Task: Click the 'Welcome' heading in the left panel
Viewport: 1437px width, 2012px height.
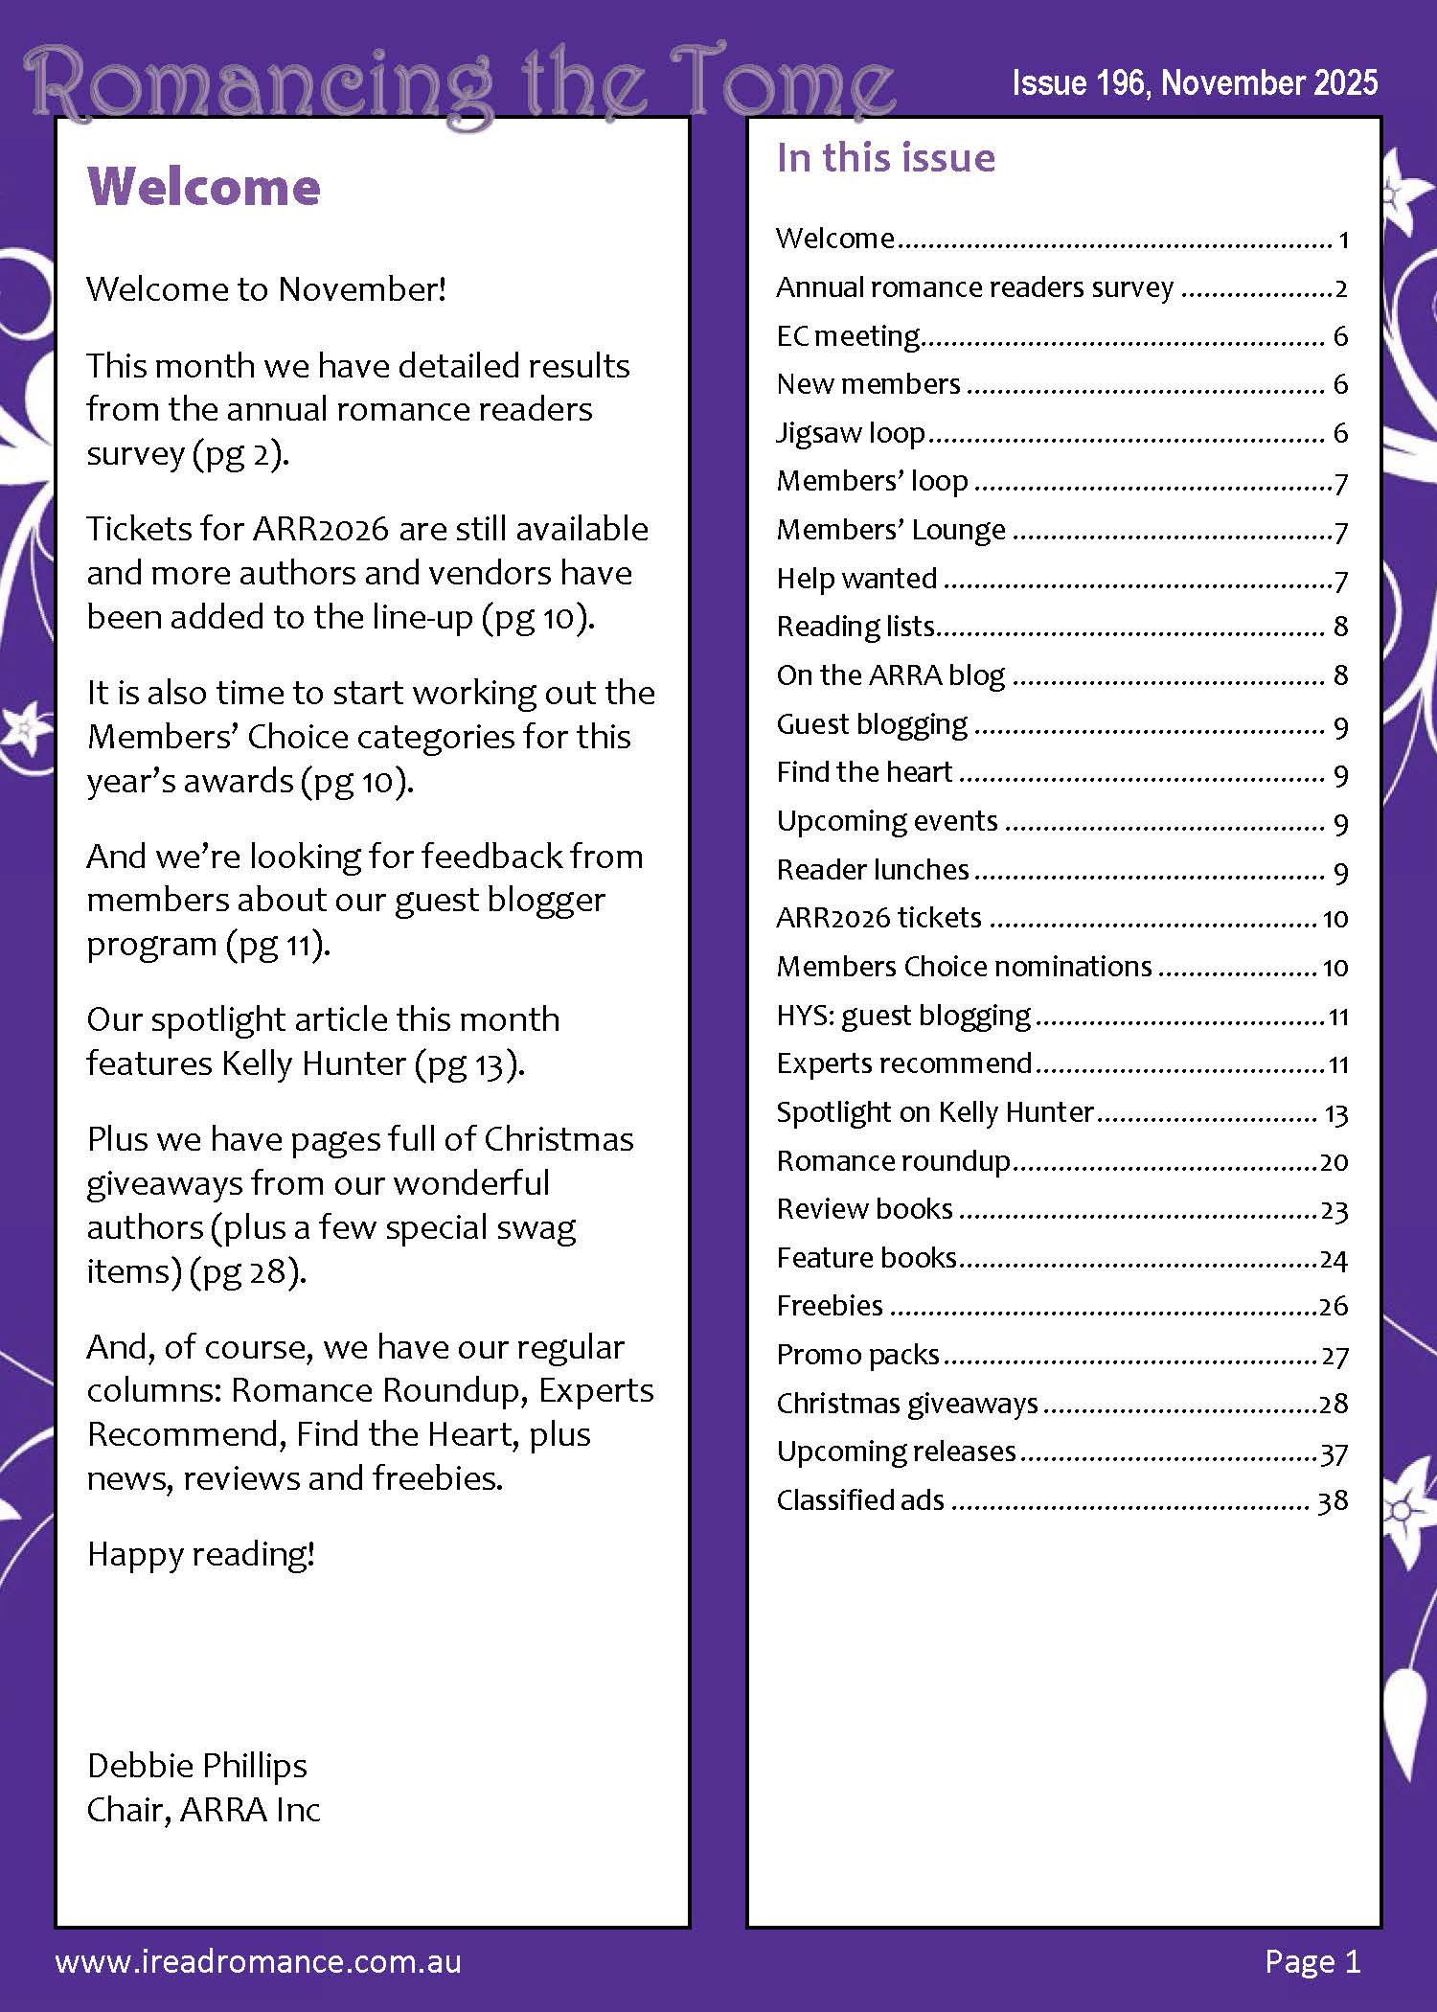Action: point(203,187)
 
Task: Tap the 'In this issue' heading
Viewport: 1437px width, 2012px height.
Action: point(885,158)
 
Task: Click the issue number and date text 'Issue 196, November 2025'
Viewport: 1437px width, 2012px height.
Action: point(1194,83)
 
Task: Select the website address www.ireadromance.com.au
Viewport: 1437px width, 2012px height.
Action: point(259,1961)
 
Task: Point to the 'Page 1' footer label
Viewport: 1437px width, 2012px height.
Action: point(1312,1961)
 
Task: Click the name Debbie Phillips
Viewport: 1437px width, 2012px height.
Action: point(196,1765)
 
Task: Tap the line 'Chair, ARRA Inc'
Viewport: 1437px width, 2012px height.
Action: point(203,1809)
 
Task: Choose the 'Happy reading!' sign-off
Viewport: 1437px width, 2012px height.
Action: point(200,1554)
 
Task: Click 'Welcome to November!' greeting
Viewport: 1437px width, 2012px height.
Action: point(266,288)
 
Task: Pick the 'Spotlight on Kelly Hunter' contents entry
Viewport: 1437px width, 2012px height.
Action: point(934,1112)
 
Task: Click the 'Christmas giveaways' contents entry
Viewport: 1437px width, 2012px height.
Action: point(906,1404)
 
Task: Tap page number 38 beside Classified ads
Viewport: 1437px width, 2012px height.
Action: point(1333,1500)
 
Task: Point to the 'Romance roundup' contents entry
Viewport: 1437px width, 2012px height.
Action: point(893,1161)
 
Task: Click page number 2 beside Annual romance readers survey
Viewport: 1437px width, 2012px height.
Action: point(1341,288)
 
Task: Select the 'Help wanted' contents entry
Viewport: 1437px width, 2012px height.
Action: point(856,579)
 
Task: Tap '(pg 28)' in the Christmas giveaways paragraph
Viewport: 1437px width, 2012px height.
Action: point(247,1271)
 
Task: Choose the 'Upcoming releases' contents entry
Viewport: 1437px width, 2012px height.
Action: point(896,1452)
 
